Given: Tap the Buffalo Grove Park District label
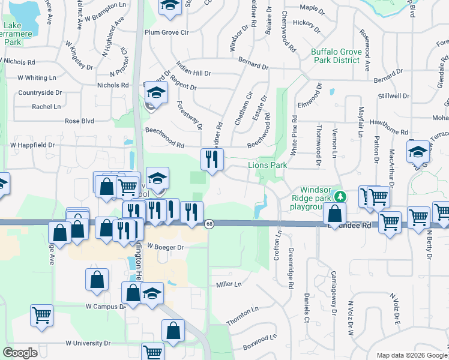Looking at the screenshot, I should (x=336, y=56).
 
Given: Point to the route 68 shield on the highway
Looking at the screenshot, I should (x=209, y=224).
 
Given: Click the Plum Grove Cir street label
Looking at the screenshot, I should (x=166, y=33).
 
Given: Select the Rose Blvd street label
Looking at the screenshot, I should (x=80, y=121).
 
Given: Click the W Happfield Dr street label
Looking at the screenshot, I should (x=32, y=145).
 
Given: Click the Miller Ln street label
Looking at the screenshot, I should (x=228, y=284).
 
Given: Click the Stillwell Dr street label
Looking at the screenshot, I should (x=394, y=96).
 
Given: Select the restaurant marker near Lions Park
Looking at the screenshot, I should (x=212, y=160).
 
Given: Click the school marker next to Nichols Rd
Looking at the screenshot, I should (x=156, y=93).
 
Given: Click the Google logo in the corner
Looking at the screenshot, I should (x=20, y=353).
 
